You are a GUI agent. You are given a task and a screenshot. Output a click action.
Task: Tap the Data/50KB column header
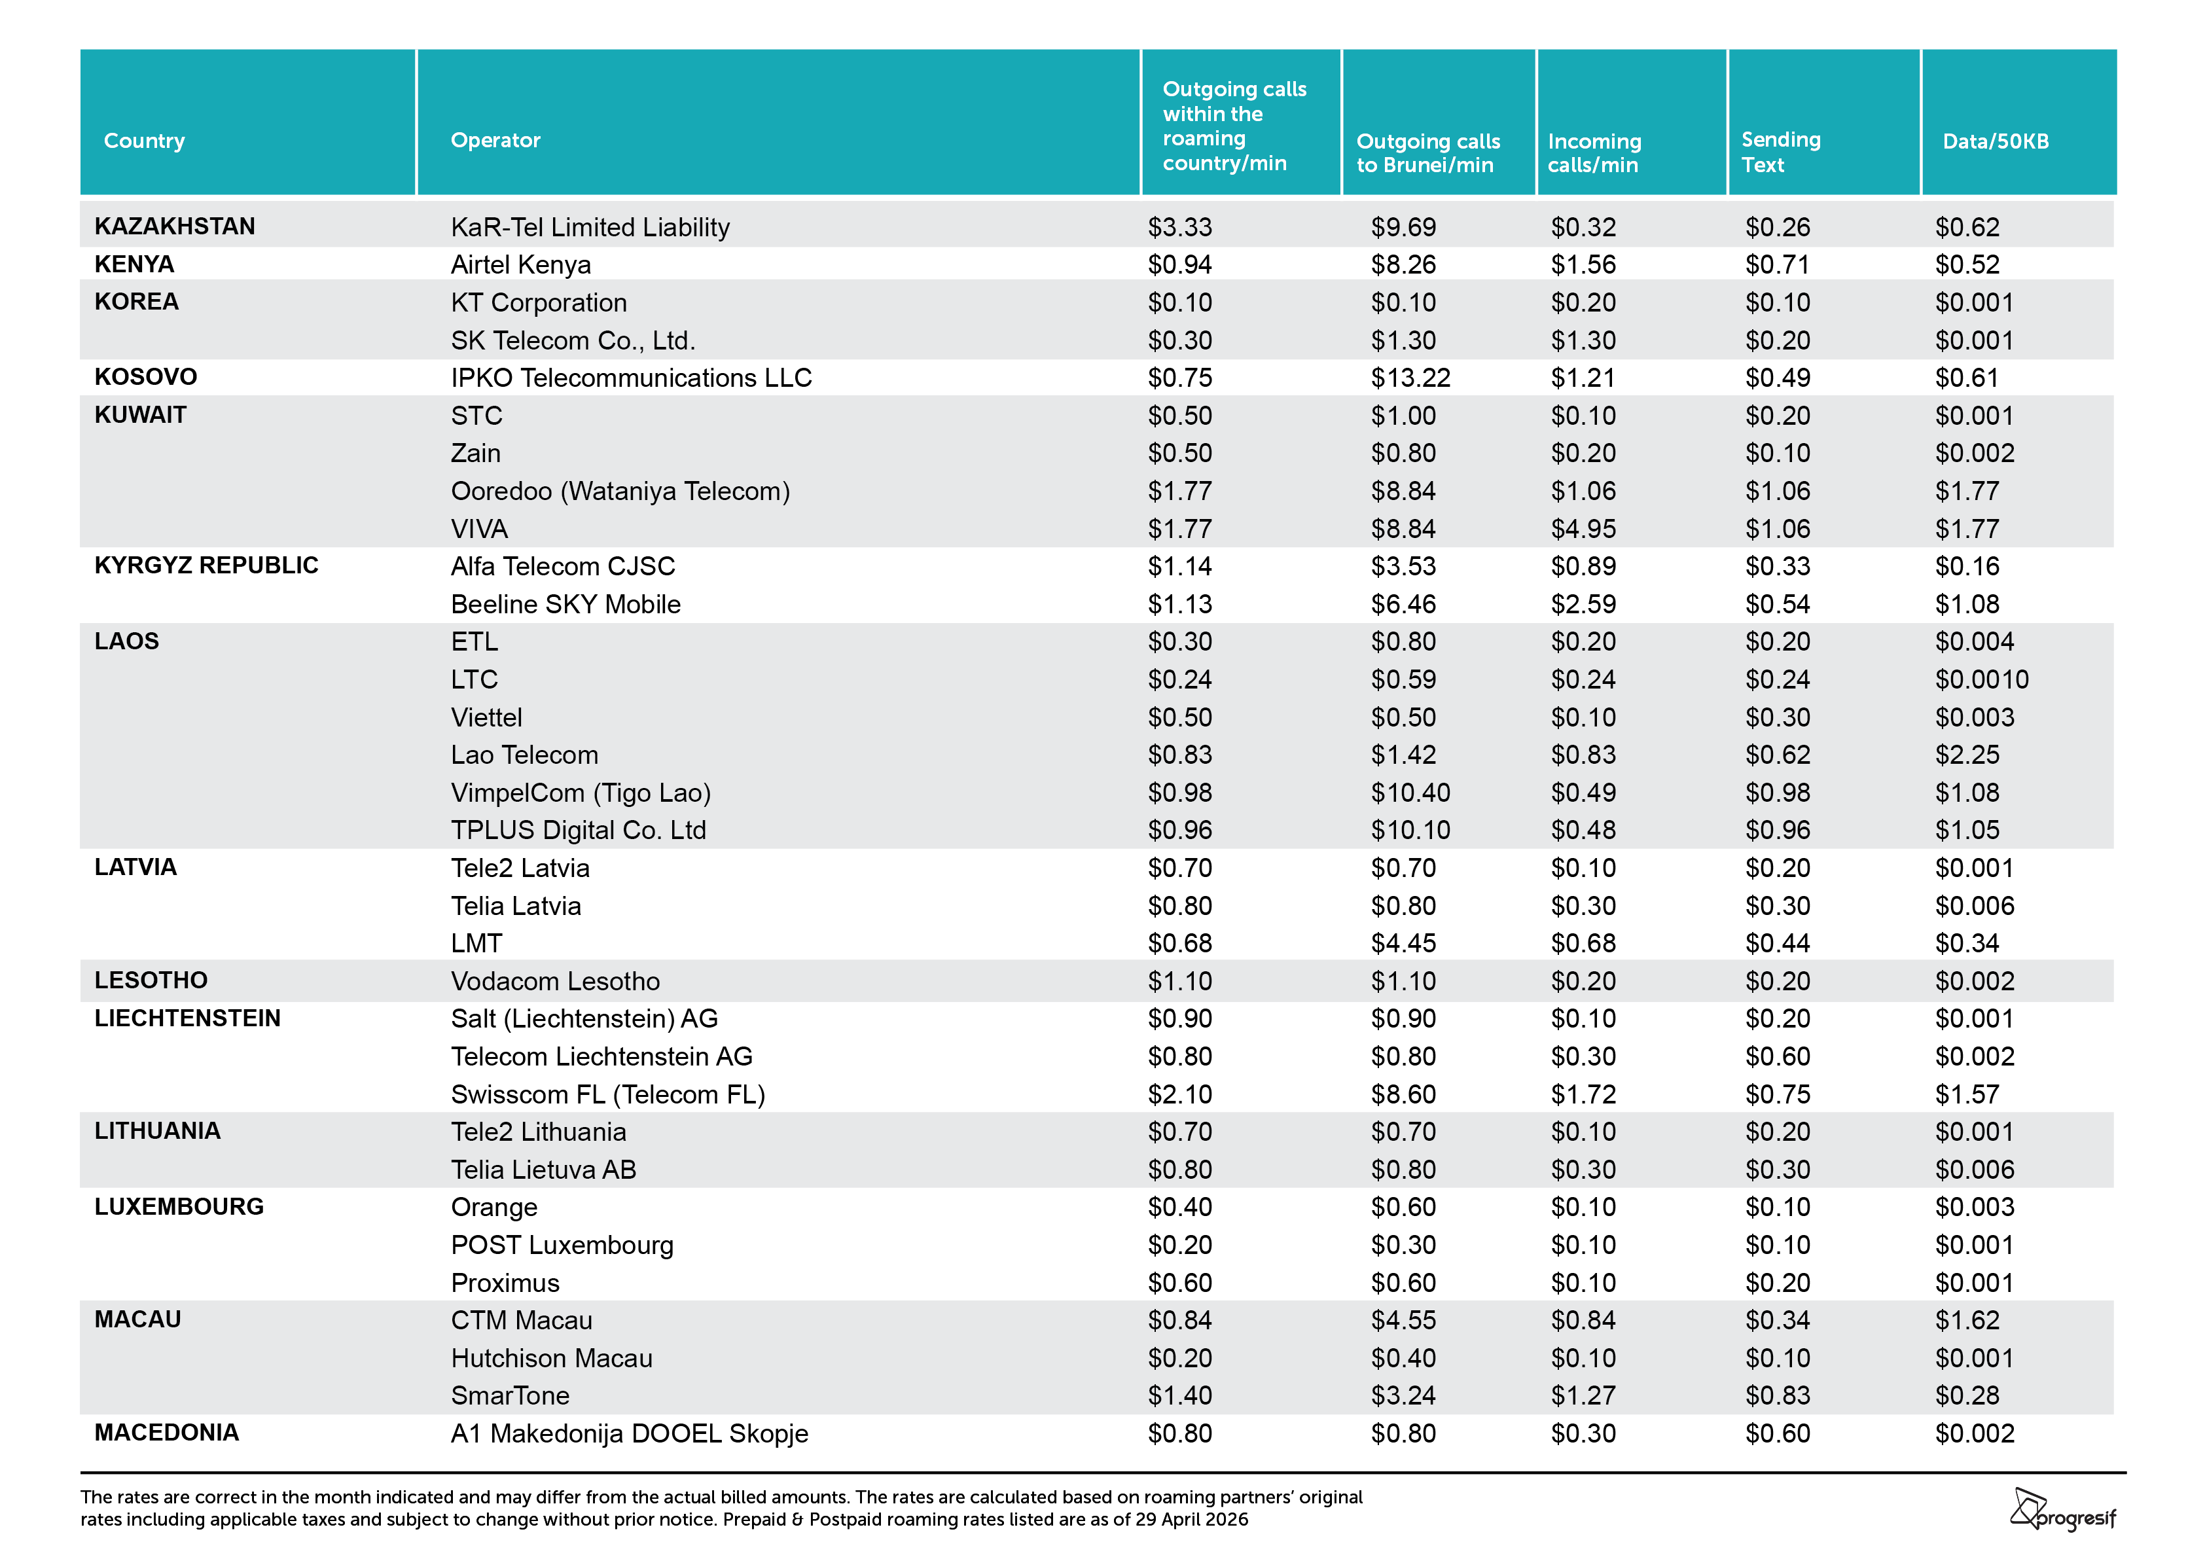coord(1996,141)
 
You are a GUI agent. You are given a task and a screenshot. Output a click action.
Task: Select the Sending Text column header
coord(1780,152)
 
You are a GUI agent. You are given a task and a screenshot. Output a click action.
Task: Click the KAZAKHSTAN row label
coord(175,226)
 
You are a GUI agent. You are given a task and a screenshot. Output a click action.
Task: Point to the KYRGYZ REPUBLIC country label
coord(206,565)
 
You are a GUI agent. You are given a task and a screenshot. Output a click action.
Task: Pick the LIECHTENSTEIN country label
coord(187,1018)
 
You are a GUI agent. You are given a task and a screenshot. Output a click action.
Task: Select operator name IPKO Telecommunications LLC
coord(631,378)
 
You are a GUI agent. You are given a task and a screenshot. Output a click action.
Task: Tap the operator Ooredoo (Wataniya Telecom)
coord(620,491)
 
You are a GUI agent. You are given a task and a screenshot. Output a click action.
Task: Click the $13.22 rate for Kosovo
coord(1410,378)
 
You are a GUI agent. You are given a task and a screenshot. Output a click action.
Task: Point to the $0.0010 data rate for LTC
coord(1981,679)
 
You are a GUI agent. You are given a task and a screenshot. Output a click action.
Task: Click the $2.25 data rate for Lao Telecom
coord(1967,755)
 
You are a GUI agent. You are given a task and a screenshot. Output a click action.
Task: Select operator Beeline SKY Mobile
coord(565,604)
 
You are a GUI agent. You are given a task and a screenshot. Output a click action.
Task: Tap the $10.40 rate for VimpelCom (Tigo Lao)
coord(1410,793)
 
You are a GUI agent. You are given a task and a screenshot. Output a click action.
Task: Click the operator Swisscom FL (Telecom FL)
coord(608,1094)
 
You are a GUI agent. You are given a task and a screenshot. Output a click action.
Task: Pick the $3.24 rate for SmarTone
coord(1403,1395)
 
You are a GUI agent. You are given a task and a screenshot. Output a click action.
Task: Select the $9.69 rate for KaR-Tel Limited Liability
coord(1403,226)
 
